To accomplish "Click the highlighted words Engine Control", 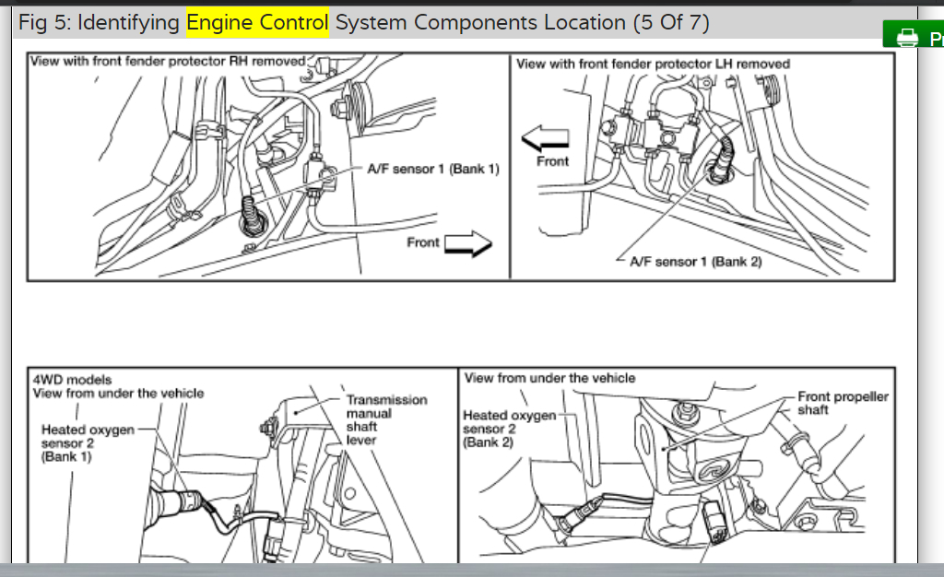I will pos(257,23).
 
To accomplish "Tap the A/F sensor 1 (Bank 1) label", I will pos(432,170).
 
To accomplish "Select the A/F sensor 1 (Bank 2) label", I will pos(695,262).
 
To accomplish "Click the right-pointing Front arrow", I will pos(469,243).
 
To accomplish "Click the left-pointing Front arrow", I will pos(546,139).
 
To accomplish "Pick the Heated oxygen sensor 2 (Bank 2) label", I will pos(509,429).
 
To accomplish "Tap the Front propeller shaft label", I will pos(843,403).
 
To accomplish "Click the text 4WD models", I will pos(72,379).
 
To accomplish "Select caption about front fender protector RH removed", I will pos(168,61).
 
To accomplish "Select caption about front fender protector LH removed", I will pos(653,64).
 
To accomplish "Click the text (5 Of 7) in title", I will pos(670,23).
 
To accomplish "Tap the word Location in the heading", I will pos(579,23).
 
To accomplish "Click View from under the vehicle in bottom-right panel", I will pos(549,378).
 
